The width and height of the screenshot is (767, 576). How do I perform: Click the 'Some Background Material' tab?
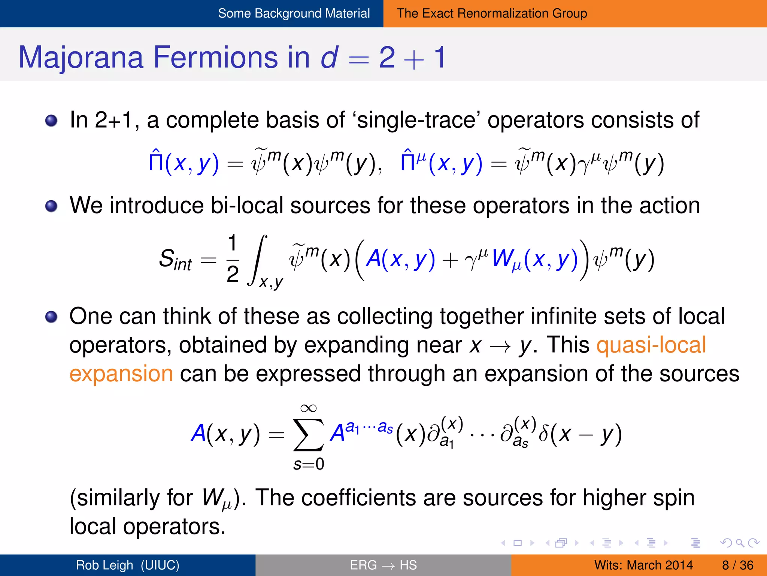tap(294, 13)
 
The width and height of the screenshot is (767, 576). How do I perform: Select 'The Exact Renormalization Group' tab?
tap(492, 13)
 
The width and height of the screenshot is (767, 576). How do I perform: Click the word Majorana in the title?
tap(81, 57)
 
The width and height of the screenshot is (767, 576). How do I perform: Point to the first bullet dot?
tap(51, 121)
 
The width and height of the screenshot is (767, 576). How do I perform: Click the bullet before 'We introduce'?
tap(51, 206)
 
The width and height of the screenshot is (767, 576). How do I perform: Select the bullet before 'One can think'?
tap(51, 317)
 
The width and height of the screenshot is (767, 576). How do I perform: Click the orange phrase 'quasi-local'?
tap(651, 345)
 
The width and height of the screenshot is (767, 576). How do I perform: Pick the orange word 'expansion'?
tap(121, 374)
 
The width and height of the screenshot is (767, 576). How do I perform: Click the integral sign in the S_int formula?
tap(258, 259)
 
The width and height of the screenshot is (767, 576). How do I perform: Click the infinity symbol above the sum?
tap(308, 408)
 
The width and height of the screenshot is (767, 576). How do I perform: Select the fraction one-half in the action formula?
tap(233, 259)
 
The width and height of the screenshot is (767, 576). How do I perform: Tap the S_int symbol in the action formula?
tap(175, 259)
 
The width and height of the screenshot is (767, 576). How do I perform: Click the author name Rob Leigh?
tap(104, 565)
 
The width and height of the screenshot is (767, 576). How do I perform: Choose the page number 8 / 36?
tap(737, 565)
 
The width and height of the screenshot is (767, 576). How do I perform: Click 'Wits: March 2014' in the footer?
tap(643, 565)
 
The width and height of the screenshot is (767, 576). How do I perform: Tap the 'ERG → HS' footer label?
tap(383, 565)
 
